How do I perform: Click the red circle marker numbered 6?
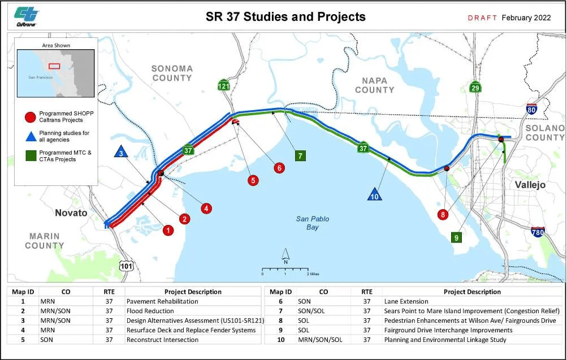click(279, 168)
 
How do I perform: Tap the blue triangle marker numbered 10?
click(374, 194)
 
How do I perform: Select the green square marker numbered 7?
click(300, 155)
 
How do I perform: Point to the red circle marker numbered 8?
click(443, 214)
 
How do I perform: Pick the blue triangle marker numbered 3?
click(120, 152)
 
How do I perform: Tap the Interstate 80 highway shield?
click(531, 109)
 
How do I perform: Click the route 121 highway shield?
click(224, 85)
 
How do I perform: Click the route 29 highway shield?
click(475, 87)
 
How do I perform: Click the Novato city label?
click(71, 212)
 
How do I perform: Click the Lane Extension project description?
click(406, 301)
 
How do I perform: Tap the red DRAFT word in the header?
click(482, 18)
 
